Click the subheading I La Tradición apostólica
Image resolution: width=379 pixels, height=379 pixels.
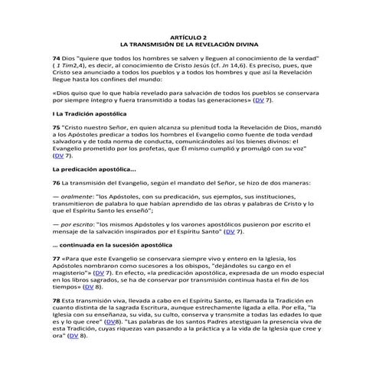coord(89,113)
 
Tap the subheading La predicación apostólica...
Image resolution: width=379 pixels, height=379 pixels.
coord(94,169)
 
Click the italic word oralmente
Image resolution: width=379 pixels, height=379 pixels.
coord(76,198)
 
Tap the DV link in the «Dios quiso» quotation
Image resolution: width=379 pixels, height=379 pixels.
coord(260,100)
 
